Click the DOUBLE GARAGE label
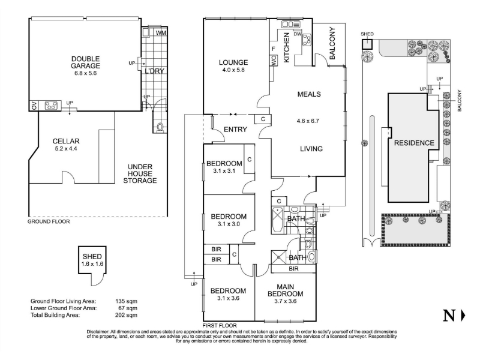(85, 62)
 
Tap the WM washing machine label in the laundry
(161, 32)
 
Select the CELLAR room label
(66, 141)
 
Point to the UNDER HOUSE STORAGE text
(140, 173)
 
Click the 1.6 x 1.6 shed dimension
(92, 264)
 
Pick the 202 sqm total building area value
(126, 315)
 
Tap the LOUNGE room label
(233, 62)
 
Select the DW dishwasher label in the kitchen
(298, 34)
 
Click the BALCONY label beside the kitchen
(332, 43)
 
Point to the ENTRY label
(235, 130)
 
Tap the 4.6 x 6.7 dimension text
(308, 121)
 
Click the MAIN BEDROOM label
(286, 290)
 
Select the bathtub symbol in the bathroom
(277, 220)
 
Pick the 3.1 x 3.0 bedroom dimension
(229, 224)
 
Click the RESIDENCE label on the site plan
(414, 143)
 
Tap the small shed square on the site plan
(367, 44)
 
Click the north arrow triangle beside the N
(463, 316)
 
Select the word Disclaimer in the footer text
(98, 332)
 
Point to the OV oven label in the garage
(34, 106)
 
